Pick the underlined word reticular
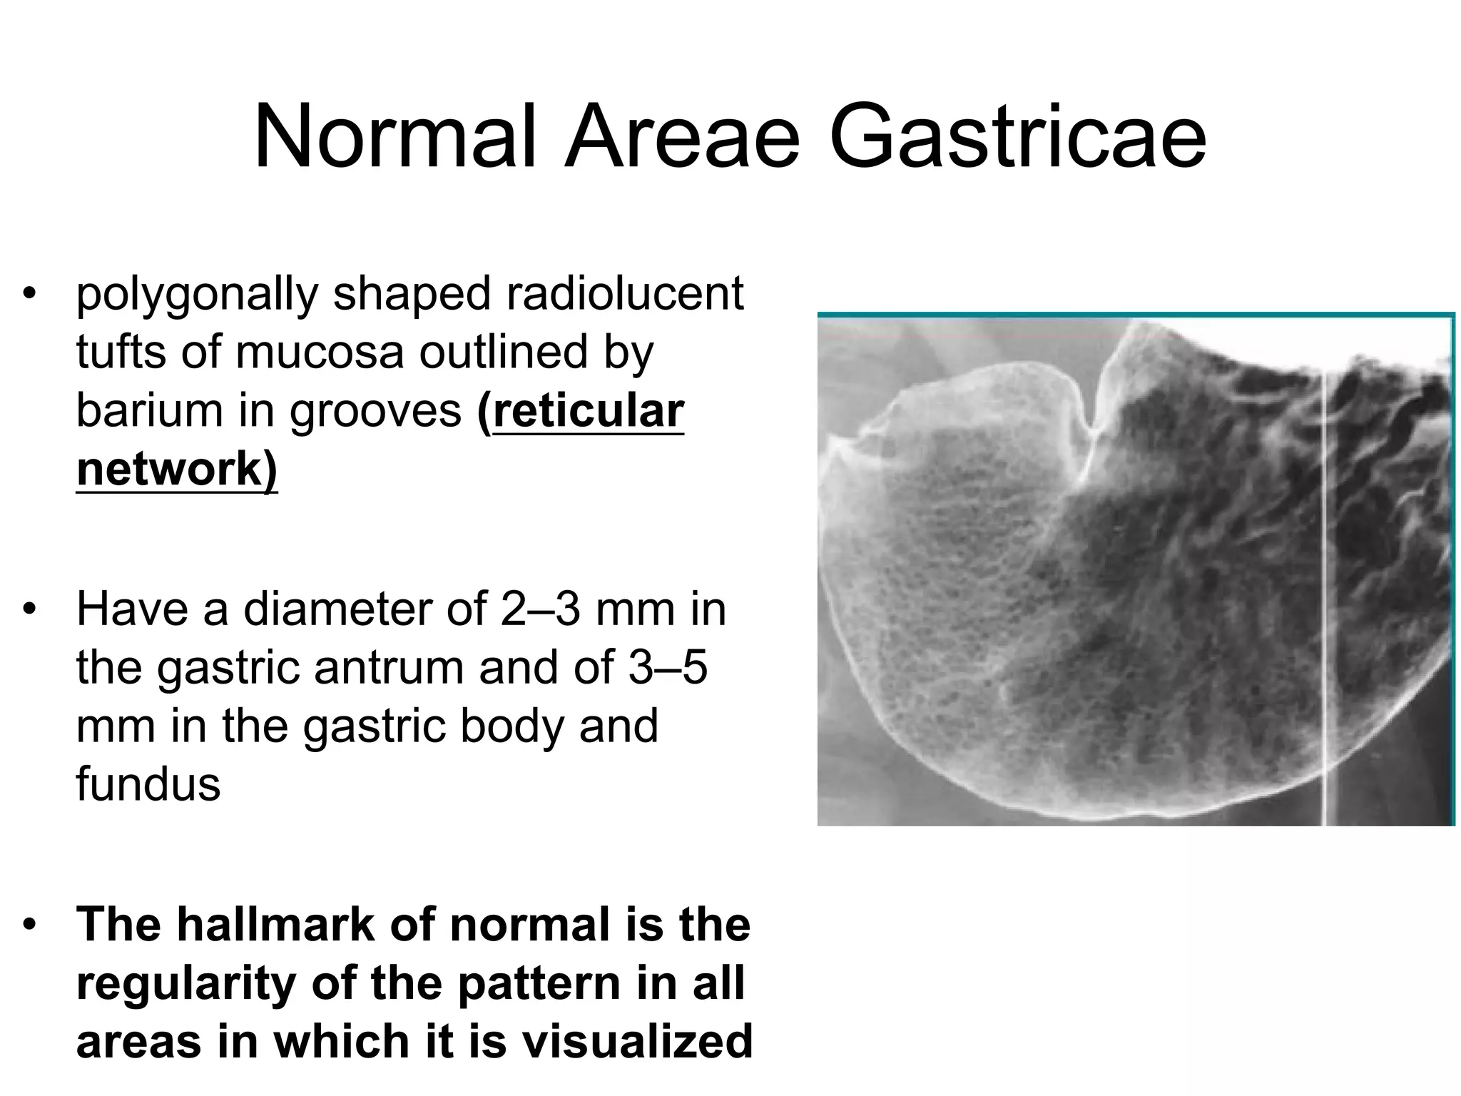[589, 411]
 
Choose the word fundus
[148, 785]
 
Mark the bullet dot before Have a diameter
[29, 610]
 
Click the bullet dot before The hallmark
[29, 925]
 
